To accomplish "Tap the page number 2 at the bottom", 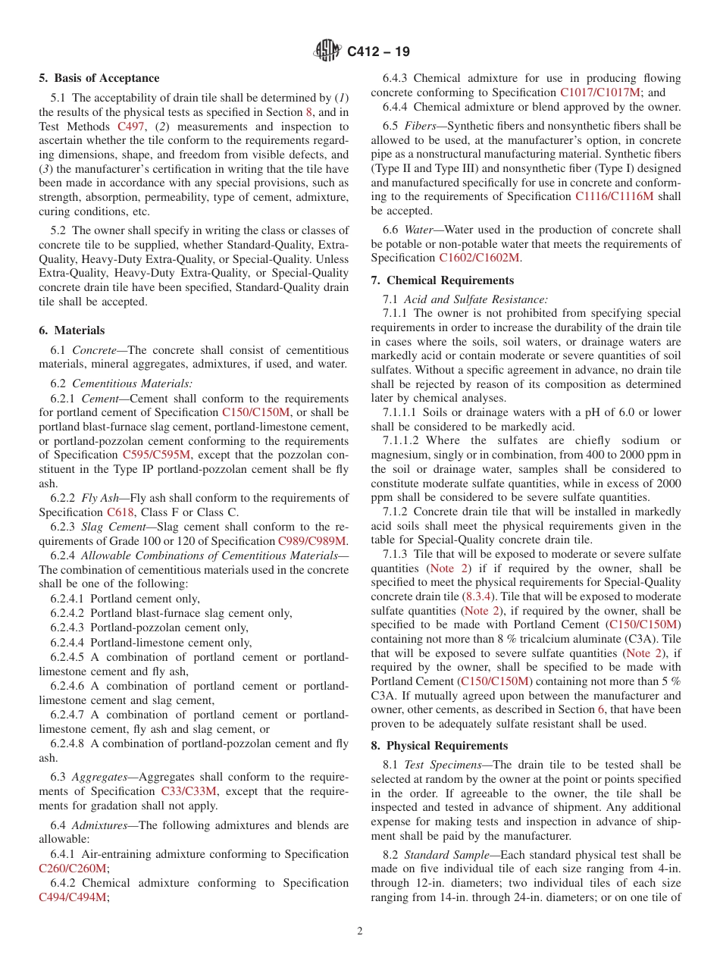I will click(360, 931).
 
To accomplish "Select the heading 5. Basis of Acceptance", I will click(99, 78).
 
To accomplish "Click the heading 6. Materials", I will click(72, 330).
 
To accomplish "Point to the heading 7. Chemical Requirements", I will click(442, 280).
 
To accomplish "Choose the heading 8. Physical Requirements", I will click(440, 746).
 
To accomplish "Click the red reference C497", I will click(131, 127).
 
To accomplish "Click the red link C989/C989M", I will click(312, 541).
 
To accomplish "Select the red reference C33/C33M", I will click(189, 791).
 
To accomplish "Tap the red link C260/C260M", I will click(73, 869).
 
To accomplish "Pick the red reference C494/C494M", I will click(73, 897).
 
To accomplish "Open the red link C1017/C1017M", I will click(600, 92).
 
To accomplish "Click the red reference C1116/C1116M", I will click(614, 196).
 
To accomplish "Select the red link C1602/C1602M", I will click(479, 258).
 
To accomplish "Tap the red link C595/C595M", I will click(157, 455).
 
